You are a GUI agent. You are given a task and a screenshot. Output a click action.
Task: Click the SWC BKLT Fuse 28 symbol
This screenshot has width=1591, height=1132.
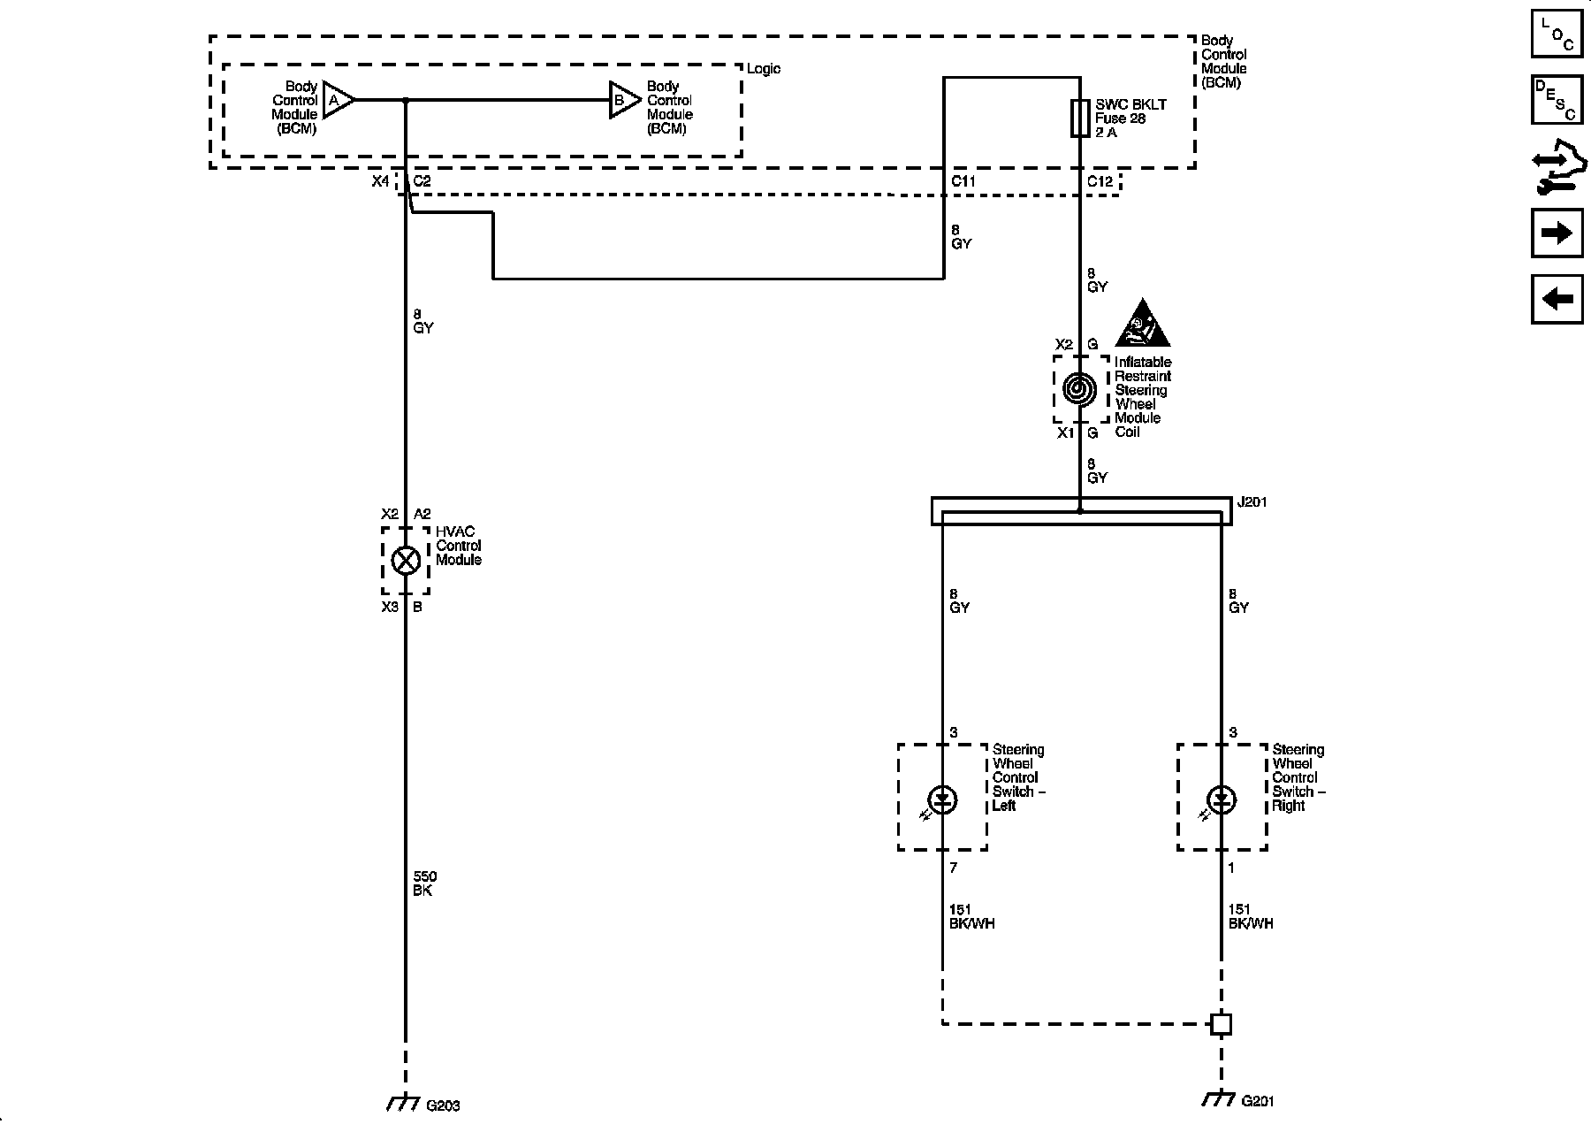pos(1079,118)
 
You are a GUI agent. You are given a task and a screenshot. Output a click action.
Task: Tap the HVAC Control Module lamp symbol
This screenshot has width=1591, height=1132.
pos(406,561)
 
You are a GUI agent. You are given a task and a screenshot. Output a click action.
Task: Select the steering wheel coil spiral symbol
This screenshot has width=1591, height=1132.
pos(1079,389)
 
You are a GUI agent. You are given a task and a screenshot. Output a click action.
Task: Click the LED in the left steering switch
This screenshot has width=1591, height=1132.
pos(943,800)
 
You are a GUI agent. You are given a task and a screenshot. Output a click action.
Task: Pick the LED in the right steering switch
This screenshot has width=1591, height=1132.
pos(1222,800)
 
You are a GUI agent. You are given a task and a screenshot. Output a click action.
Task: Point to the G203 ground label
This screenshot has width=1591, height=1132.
pos(443,1105)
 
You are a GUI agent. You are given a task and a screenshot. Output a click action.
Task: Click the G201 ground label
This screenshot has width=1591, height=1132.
pos(1258,1101)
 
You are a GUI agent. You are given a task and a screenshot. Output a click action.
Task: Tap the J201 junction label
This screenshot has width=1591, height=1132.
pos(1251,502)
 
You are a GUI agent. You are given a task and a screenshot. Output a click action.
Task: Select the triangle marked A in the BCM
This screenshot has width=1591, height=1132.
pos(338,101)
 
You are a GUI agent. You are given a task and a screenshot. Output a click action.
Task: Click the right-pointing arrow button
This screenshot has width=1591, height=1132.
pos(1557,233)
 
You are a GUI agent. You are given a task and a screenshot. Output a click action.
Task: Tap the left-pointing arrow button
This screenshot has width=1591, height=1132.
pos(1557,299)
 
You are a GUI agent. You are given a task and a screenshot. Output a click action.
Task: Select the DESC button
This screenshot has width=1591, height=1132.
pos(1557,100)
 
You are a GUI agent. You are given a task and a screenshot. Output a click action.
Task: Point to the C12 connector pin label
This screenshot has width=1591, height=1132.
pos(1100,181)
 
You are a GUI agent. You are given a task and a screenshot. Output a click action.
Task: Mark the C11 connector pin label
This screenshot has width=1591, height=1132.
pos(963,181)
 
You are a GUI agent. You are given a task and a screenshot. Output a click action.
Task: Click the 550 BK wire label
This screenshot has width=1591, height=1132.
pos(424,883)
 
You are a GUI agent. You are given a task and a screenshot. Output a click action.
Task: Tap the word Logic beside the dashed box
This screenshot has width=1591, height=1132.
pos(764,69)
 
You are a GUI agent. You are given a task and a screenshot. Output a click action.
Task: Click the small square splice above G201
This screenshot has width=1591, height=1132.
pos(1221,1024)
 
